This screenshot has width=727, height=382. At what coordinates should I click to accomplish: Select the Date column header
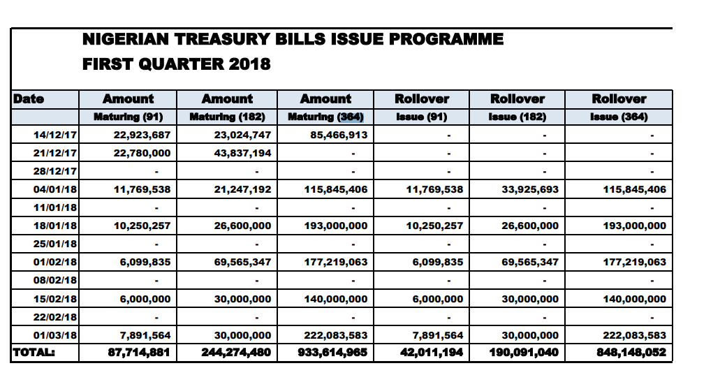[x=29, y=98]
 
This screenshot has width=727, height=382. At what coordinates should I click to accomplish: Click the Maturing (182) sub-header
[x=227, y=117]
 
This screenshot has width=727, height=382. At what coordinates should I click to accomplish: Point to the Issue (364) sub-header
[x=619, y=117]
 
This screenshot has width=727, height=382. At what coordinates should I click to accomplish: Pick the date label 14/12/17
[x=55, y=135]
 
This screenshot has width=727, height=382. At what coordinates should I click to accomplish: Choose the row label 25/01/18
[x=55, y=244]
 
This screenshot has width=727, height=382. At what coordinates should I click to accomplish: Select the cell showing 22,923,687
[x=142, y=135]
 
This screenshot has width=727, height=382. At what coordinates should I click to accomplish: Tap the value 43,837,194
[x=242, y=153]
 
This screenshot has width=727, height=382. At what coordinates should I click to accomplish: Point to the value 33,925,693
[x=530, y=189]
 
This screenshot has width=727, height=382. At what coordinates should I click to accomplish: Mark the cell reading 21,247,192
[x=242, y=189]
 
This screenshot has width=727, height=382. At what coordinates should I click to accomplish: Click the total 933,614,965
[x=333, y=353]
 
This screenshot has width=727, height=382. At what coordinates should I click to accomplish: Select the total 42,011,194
[x=432, y=353]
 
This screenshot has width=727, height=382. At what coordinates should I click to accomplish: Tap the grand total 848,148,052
[x=631, y=353]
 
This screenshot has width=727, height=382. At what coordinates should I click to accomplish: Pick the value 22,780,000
[x=142, y=153]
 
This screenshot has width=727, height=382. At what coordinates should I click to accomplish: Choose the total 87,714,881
[x=140, y=353]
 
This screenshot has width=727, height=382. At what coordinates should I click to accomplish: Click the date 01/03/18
[x=55, y=335]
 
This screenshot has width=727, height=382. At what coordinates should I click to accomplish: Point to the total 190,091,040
[x=524, y=353]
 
